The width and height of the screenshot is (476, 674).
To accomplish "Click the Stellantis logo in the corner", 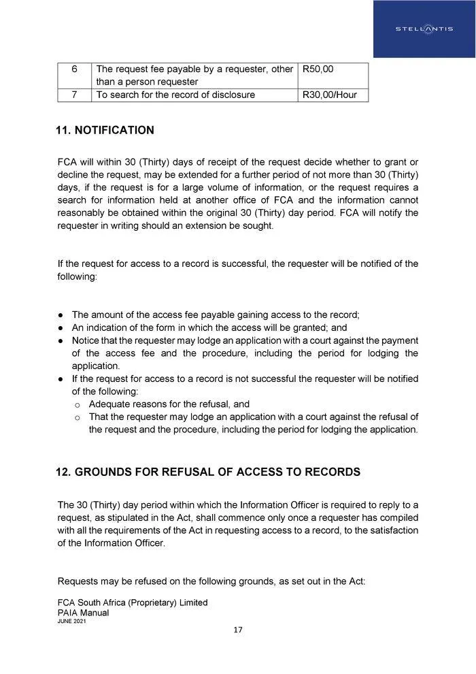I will [x=424, y=29].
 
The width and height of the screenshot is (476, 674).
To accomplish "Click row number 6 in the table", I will [x=74, y=69].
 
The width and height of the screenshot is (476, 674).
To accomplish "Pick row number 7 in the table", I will [x=74, y=95].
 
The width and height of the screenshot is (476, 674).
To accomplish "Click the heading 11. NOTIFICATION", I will [x=105, y=130].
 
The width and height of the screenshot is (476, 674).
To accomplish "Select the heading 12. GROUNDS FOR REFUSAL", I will [x=209, y=472].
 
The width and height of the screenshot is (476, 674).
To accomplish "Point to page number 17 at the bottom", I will [x=238, y=630].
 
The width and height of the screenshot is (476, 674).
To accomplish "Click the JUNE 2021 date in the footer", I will [x=71, y=622].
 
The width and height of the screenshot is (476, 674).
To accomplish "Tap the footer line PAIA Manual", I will [x=84, y=613].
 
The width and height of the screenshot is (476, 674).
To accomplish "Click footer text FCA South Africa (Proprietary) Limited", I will [x=133, y=603].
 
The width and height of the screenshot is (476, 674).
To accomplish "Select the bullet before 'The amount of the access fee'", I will [x=61, y=315].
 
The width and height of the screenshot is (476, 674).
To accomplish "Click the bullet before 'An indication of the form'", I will [x=61, y=328].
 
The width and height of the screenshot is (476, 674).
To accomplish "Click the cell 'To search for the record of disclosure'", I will [x=175, y=95].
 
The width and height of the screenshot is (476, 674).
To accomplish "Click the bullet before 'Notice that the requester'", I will [x=61, y=340].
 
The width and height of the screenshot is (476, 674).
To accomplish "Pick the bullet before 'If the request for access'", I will [x=61, y=379].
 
